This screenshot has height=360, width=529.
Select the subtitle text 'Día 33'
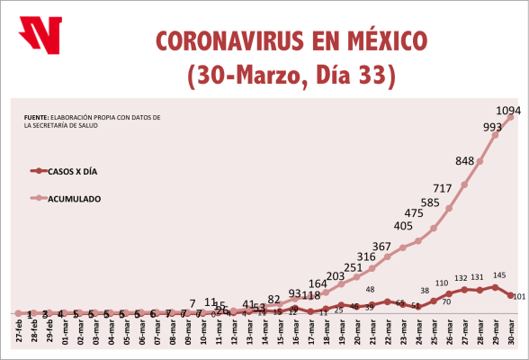[351, 75]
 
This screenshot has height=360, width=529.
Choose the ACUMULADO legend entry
[99, 197]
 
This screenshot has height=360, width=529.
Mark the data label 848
[465, 161]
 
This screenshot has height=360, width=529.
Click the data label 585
[429, 203]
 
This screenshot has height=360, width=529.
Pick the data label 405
[403, 226]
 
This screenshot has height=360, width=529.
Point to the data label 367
[381, 247]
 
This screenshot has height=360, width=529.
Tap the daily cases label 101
[518, 296]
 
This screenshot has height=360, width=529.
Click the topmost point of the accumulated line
[510, 116]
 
